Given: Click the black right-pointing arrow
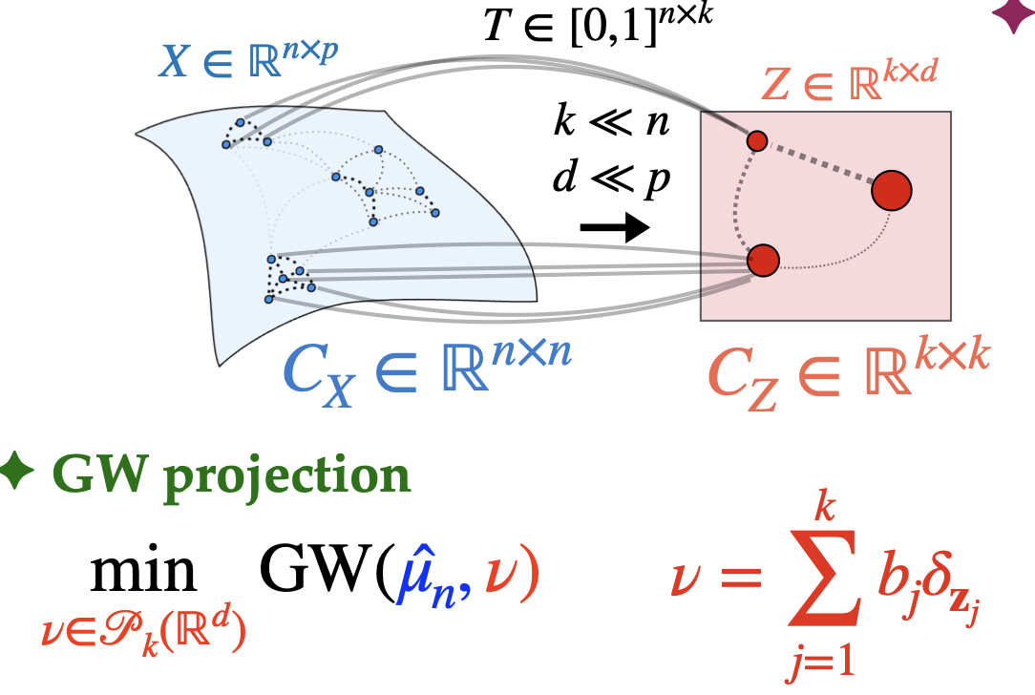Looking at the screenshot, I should pyautogui.click(x=615, y=227).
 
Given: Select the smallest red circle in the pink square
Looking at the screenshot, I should pyautogui.click(x=757, y=141).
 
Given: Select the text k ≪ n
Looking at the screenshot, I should pyautogui.click(x=611, y=125).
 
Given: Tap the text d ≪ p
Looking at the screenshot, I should pyautogui.click(x=611, y=178).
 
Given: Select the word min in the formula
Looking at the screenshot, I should pyautogui.click(x=143, y=576).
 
